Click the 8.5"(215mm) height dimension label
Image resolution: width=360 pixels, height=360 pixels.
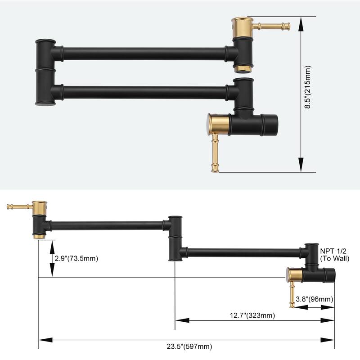pyautogui.click(x=308, y=94)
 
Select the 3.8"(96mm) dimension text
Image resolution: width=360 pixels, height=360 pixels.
pyautogui.click(x=315, y=299)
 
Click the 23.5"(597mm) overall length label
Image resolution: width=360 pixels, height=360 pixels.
pyautogui.click(x=186, y=346)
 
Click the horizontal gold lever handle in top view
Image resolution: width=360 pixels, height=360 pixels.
pyautogui.click(x=271, y=26)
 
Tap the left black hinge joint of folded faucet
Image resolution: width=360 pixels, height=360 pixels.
pyautogui.click(x=45, y=72)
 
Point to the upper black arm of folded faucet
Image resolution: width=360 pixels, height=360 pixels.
pyautogui.click(x=144, y=54)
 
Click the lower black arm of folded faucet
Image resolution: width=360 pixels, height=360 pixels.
pyautogui.click(x=144, y=92)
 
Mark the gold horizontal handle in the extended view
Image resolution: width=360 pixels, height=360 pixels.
pyautogui.click(x=19, y=207)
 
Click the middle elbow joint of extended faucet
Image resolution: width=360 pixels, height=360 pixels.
pyautogui.click(x=175, y=238)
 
